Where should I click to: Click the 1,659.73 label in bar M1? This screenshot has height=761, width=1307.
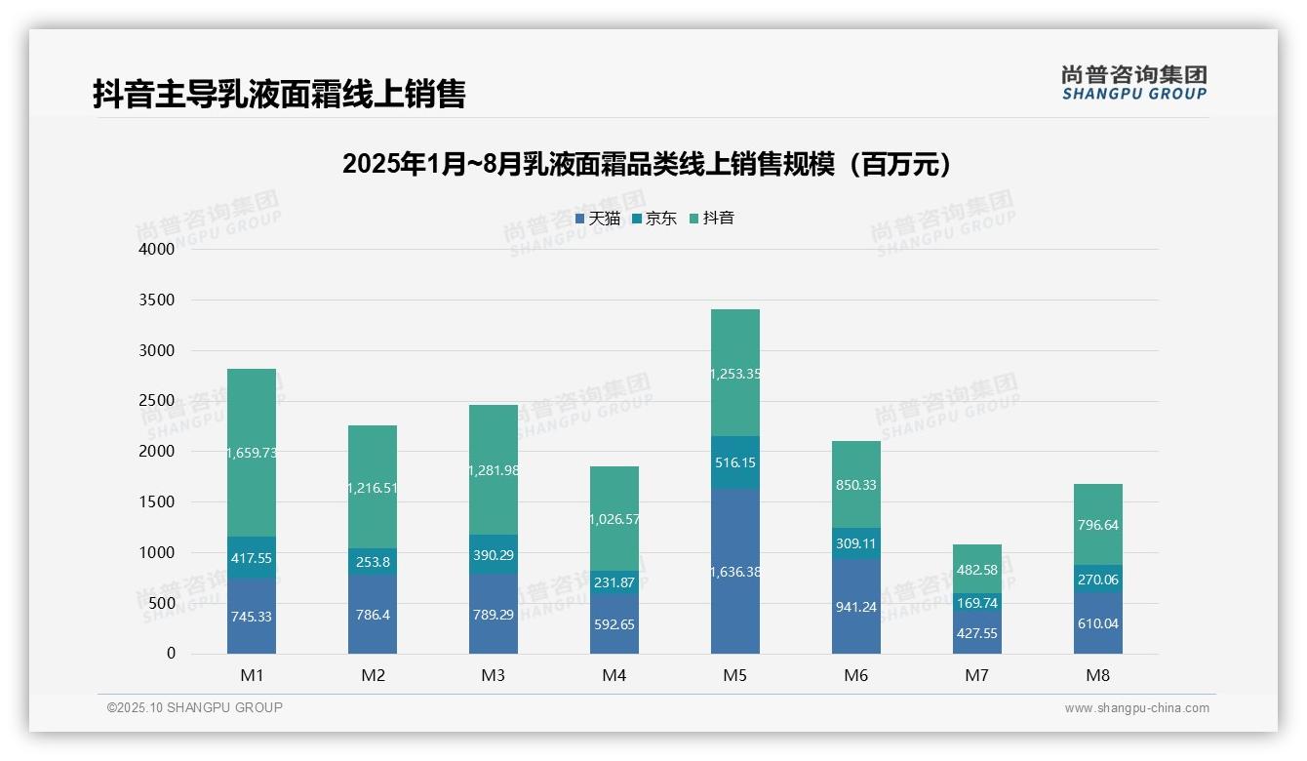252,453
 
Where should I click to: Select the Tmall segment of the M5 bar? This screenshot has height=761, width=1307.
735,572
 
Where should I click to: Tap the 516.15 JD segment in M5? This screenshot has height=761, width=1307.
735,462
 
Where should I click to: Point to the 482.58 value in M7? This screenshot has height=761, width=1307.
977,570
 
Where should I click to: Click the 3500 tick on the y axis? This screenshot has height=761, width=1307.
156,300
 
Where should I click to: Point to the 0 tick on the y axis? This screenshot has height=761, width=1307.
171,654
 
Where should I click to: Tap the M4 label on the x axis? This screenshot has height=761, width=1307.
614,675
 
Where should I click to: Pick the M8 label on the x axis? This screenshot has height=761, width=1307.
1098,675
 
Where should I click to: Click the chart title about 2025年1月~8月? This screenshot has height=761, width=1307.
647,164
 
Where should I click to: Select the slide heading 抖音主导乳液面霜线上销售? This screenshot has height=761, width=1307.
279,94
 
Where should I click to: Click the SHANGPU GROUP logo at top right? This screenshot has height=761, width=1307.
1133,82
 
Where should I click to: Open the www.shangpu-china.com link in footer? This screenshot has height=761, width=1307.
1136,708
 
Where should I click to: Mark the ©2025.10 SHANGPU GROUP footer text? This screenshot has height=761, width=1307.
195,708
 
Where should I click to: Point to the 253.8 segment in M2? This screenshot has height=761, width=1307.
373,562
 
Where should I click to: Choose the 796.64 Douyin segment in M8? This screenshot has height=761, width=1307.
1098,525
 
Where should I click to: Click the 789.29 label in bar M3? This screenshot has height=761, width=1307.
494,616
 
